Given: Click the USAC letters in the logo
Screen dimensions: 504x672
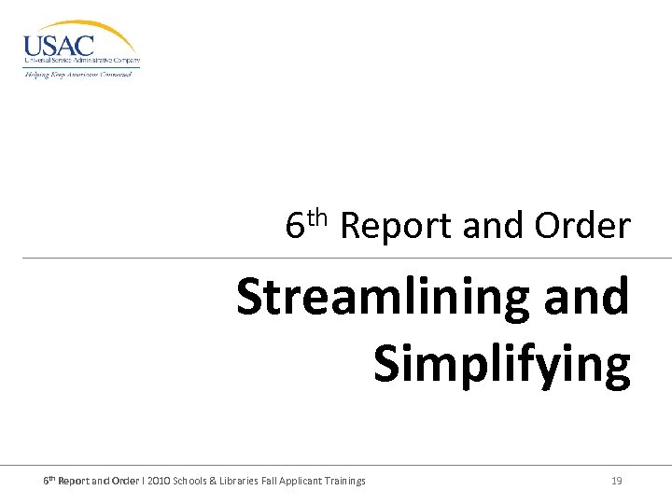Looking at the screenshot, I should [59, 44].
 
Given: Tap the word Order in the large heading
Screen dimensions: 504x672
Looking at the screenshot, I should [583, 226].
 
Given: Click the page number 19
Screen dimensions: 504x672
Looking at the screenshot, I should [616, 481].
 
